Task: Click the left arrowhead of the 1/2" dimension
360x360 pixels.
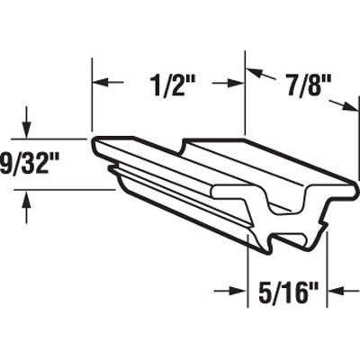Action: click(98, 82)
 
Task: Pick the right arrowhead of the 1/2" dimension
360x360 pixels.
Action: click(239, 82)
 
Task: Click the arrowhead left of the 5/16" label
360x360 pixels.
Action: click(242, 291)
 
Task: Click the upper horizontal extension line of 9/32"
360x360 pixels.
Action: click(54, 139)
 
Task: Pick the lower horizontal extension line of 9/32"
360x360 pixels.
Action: click(54, 189)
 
